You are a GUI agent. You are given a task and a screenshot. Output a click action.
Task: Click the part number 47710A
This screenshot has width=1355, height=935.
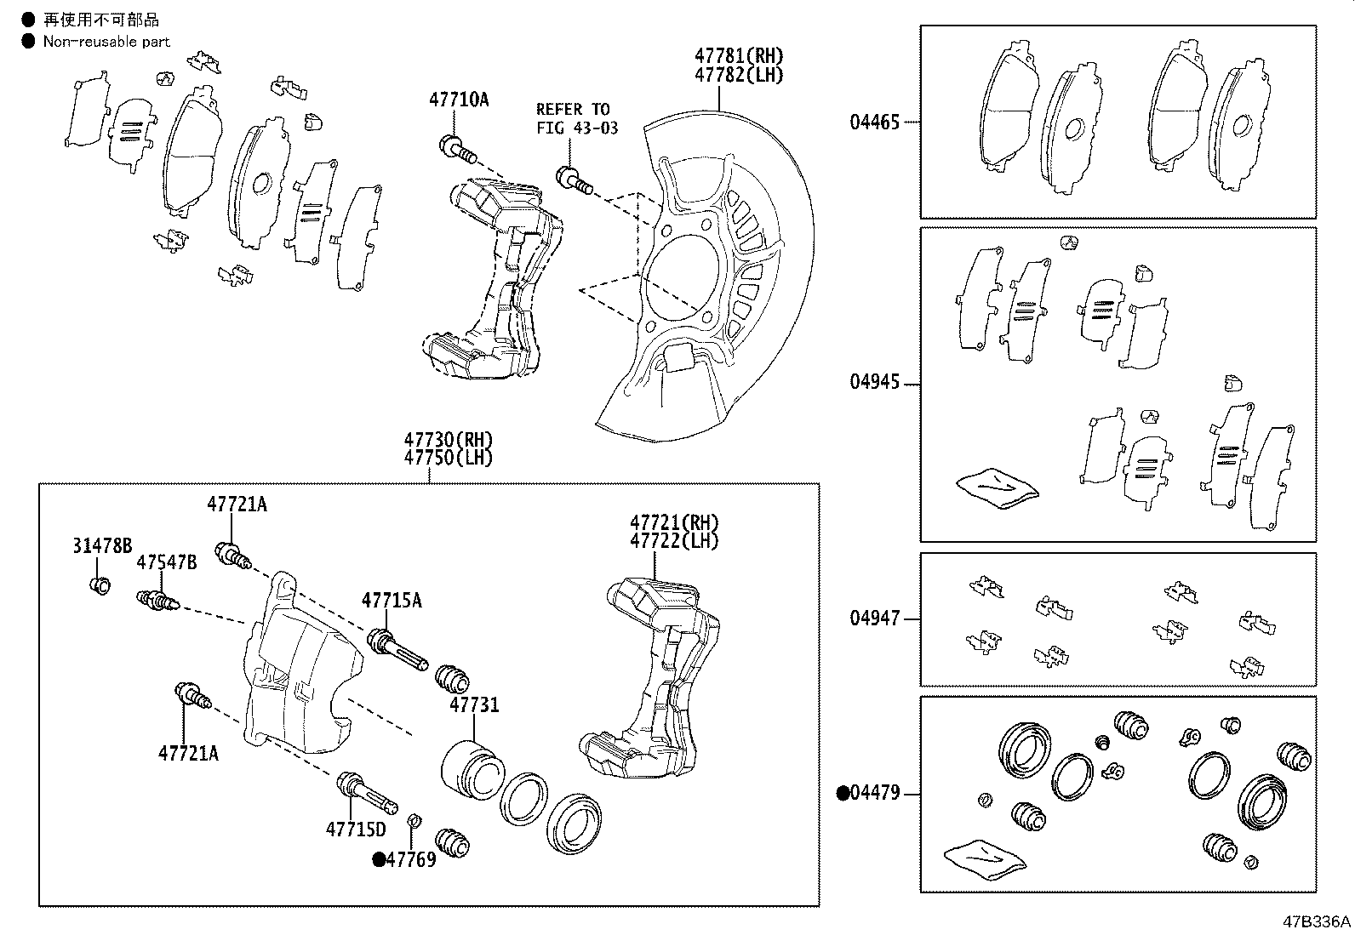[459, 100]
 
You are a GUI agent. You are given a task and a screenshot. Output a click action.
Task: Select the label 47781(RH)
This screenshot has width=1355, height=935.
[739, 55]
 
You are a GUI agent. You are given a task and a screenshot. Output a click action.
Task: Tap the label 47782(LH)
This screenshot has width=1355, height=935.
[739, 75]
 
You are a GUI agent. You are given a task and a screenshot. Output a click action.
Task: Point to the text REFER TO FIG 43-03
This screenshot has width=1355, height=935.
[577, 118]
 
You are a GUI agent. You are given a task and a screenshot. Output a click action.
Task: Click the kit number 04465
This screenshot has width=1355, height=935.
[875, 123]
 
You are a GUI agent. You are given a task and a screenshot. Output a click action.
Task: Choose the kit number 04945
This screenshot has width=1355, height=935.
[875, 382]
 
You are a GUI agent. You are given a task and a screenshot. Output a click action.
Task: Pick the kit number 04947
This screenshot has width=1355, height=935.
[875, 619]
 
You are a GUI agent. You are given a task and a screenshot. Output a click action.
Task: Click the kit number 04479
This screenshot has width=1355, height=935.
[875, 792]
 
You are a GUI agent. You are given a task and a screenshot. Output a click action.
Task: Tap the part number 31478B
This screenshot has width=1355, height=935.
[102, 546]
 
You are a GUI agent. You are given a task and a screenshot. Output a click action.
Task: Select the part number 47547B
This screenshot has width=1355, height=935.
[166, 562]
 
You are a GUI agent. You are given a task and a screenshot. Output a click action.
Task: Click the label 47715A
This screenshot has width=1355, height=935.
[392, 601]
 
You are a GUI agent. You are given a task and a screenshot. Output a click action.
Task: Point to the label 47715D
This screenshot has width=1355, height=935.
[356, 830]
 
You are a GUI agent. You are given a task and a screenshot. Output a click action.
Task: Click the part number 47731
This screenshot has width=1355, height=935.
[474, 705]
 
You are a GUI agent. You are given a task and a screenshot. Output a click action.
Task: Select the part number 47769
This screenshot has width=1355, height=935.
[411, 859]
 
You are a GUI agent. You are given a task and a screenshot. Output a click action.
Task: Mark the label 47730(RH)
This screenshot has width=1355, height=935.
[449, 439]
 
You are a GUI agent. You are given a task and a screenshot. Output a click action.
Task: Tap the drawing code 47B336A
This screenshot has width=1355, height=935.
[1317, 921]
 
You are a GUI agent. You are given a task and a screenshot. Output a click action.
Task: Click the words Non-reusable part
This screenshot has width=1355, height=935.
[106, 42]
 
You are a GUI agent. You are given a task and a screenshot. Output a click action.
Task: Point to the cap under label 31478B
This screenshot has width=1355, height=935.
[100, 585]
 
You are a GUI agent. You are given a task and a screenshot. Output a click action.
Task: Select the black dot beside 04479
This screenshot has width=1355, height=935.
[843, 793]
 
